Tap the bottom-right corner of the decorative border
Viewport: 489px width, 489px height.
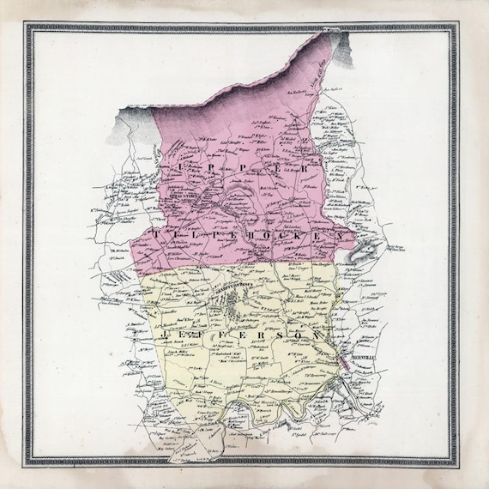[462, 463]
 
